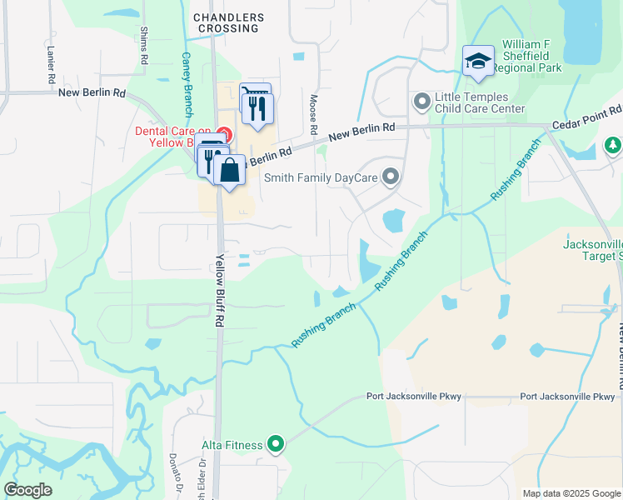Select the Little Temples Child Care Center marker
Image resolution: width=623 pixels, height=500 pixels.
(x=421, y=102)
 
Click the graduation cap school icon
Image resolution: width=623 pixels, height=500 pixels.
(x=478, y=60)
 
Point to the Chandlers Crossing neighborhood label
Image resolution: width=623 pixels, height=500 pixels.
(x=229, y=22)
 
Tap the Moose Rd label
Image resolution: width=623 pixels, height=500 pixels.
(x=314, y=114)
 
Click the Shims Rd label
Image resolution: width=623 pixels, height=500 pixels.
(x=144, y=45)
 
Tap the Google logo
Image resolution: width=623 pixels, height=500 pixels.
(x=28, y=490)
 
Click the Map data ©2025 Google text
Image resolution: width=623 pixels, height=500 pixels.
(x=571, y=493)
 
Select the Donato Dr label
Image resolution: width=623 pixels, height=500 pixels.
(x=176, y=472)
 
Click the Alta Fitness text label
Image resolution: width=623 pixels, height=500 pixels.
(x=232, y=446)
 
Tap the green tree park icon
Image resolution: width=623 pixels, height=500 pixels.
(x=613, y=146)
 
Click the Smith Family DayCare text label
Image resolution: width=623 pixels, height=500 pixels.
(x=321, y=177)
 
